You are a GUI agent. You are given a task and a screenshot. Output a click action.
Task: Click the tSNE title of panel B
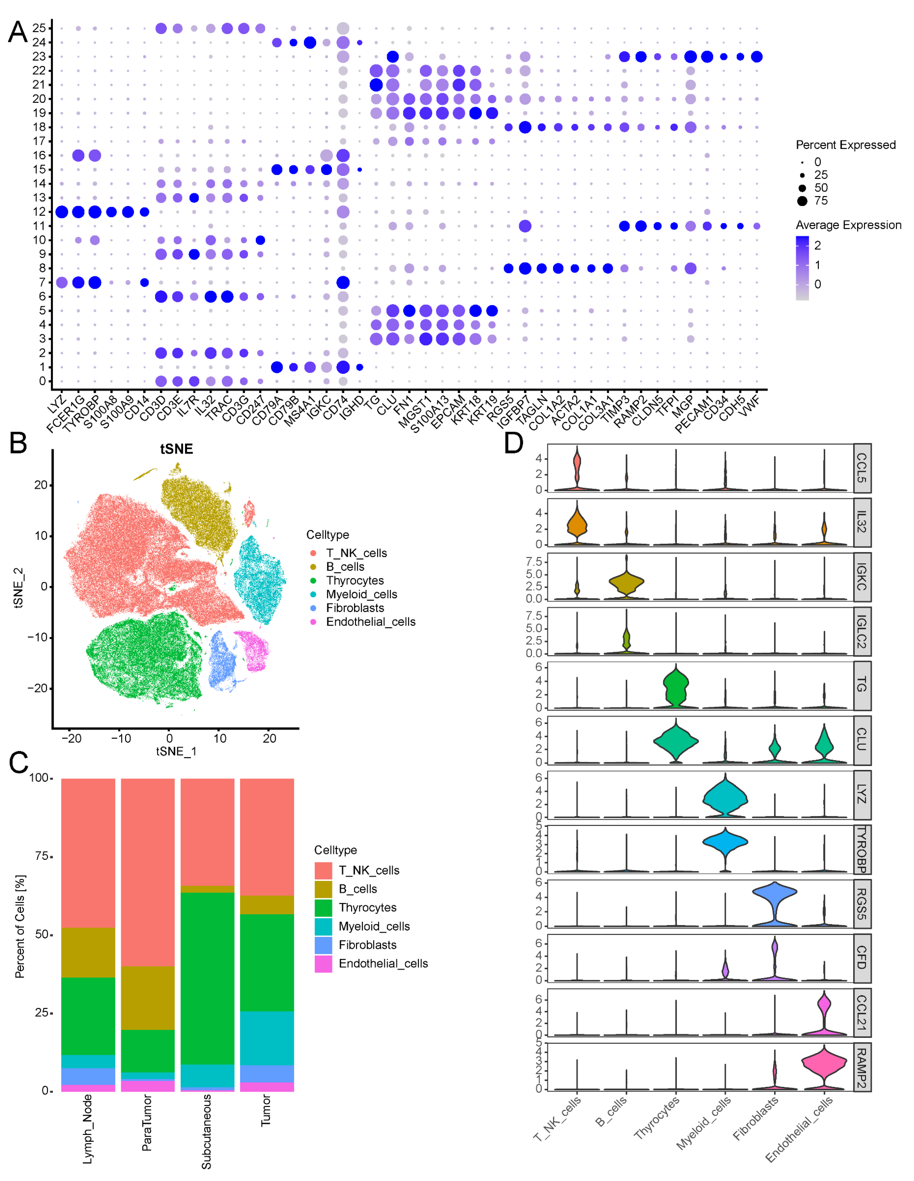click(176, 449)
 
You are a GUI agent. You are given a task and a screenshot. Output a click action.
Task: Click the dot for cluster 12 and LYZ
click(62, 212)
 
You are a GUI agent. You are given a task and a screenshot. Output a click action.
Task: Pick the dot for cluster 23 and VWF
click(757, 57)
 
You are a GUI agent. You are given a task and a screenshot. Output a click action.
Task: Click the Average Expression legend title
click(848, 225)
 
